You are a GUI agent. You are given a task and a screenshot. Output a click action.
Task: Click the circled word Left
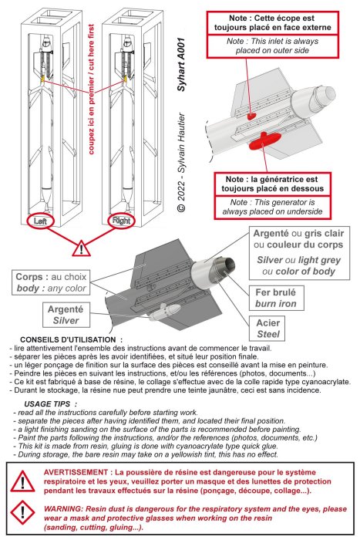40,221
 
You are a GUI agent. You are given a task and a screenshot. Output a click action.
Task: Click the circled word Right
121,220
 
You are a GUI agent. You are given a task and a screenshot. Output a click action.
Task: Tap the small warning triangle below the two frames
81,248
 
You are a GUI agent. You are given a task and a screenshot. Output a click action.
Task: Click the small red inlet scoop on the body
251,116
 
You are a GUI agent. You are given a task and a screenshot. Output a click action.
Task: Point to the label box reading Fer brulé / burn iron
276,298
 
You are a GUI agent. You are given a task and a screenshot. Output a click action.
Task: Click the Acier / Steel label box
267,328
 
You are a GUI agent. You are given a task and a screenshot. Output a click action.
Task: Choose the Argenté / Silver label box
66,315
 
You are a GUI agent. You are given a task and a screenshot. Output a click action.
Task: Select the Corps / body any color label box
52,282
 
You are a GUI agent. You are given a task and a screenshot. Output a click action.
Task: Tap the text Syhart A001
181,64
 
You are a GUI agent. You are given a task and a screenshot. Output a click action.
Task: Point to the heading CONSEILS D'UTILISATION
68,340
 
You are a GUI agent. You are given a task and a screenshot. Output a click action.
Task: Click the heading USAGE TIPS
47,404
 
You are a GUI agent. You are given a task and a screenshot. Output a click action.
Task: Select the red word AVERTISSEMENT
76,472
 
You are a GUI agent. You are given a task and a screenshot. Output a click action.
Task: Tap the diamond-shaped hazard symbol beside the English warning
22,513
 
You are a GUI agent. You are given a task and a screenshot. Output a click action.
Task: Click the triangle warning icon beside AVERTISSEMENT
22,481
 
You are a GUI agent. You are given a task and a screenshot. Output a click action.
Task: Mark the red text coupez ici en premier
91,116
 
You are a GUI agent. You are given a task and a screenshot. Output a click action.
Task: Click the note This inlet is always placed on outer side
272,46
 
